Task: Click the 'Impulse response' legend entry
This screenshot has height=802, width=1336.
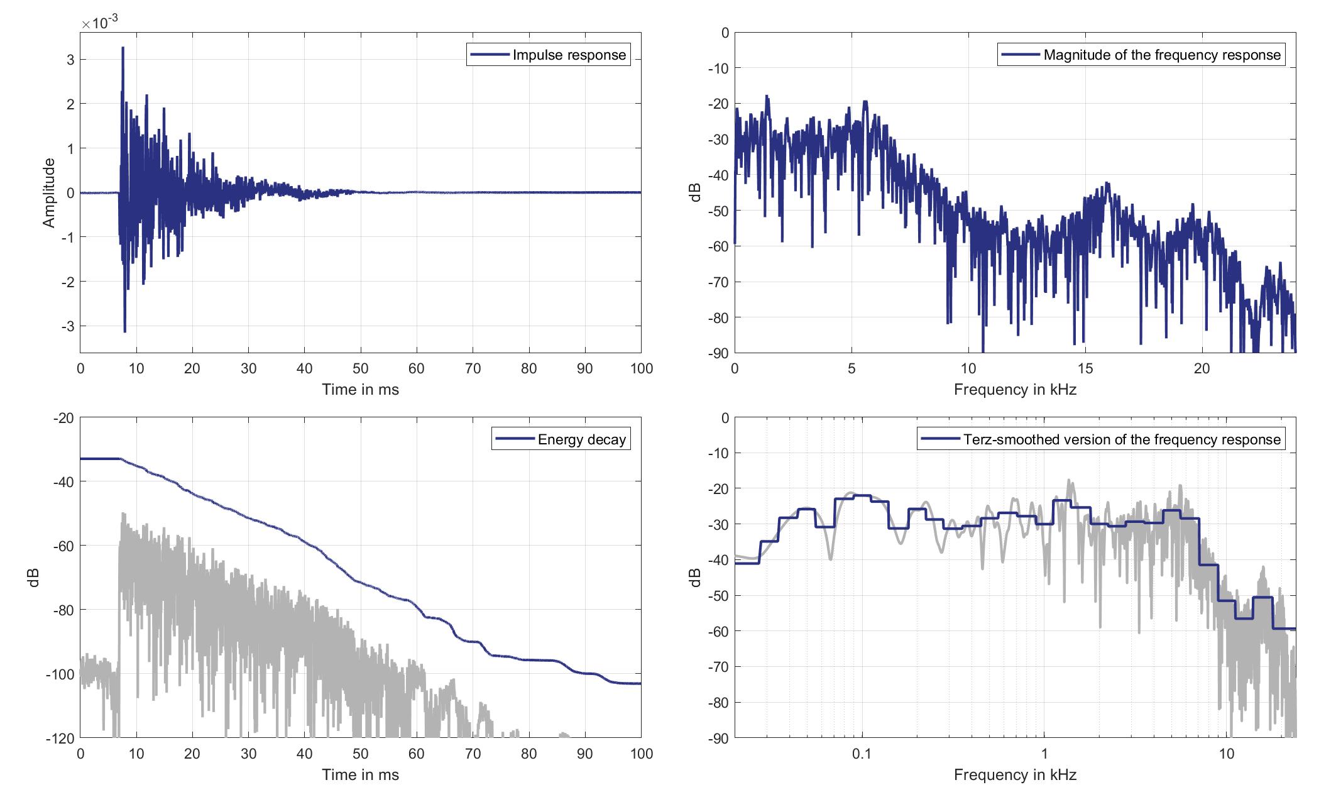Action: coord(569,55)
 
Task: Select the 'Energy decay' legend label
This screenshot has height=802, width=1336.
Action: coord(581,440)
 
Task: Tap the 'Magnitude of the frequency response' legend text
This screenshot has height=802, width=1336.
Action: coord(1161,55)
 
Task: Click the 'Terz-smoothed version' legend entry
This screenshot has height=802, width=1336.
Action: coord(1122,440)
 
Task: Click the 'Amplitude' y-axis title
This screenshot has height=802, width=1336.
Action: coord(49,192)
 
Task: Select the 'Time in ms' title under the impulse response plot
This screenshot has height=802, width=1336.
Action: coord(360,390)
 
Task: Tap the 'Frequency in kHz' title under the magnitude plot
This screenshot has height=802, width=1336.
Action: coord(1015,390)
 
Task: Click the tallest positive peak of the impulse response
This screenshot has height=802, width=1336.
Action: coord(123,48)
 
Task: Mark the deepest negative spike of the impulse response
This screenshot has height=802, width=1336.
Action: coord(125,331)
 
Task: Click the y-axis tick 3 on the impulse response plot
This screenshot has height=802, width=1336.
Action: coord(70,60)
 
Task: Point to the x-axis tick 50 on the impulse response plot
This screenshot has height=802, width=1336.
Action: coord(360,369)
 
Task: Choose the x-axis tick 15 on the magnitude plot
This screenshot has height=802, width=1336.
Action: coord(1085,369)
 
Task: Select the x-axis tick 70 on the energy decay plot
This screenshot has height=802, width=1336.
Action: coord(473,754)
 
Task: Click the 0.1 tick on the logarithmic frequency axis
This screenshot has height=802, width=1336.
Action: coord(862,754)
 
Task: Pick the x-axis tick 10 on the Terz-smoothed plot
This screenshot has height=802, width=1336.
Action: coord(1227,754)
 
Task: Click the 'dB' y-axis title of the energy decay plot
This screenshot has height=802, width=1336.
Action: coord(34,577)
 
